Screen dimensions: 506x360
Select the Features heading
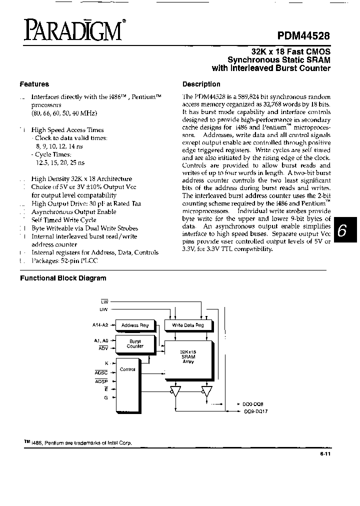(34, 84)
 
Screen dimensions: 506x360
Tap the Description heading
(201, 84)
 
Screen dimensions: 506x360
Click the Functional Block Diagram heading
(63, 278)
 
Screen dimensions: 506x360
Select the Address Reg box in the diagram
(135, 325)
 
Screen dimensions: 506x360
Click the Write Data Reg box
(187, 325)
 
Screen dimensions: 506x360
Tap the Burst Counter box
(135, 343)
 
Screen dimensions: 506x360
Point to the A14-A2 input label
(101, 325)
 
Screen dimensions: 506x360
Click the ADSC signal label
(101, 372)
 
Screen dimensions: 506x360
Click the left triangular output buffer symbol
(175, 391)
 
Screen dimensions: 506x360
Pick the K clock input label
(106, 363)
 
